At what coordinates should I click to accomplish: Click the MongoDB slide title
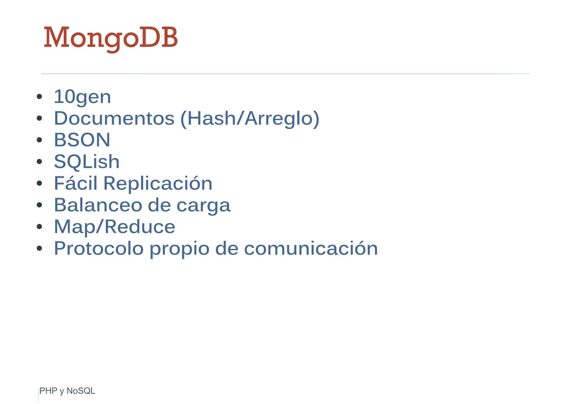(111, 38)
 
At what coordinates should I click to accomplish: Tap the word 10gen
(82, 97)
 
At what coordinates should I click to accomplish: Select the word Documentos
(114, 118)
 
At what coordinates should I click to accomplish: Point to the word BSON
(82, 140)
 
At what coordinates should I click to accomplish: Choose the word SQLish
(86, 162)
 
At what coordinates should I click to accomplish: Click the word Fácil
(76, 183)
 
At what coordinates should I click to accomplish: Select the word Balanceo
(98, 205)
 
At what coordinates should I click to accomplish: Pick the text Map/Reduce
(114, 227)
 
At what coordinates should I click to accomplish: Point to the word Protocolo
(99, 248)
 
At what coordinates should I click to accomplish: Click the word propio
(180, 249)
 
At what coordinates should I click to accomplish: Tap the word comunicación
(311, 248)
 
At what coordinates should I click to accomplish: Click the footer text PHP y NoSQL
(67, 391)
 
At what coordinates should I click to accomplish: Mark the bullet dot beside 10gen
(39, 97)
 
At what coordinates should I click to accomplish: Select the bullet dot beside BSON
(39, 140)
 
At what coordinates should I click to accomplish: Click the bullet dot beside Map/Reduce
(39, 227)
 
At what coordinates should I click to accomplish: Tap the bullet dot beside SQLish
(39, 162)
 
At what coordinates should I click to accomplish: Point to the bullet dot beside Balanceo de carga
(39, 205)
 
